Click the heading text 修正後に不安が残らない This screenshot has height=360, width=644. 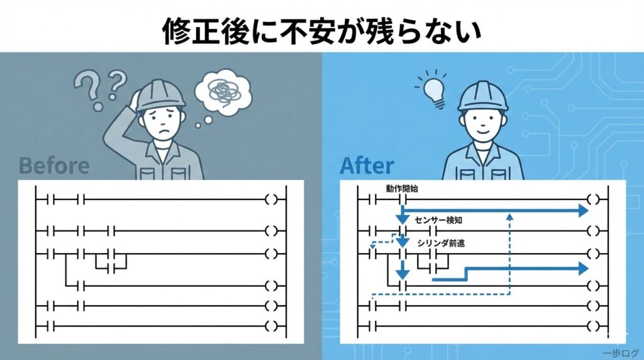(322, 28)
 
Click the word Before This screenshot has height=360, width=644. (54, 166)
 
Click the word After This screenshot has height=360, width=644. (367, 166)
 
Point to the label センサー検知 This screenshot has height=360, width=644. (441, 220)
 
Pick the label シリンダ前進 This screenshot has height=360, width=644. (441, 244)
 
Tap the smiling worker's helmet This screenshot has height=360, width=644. (482, 95)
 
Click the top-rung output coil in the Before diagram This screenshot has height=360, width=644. (270, 200)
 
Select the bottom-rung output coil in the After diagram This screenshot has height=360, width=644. (592, 327)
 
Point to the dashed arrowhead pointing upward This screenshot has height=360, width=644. (509, 216)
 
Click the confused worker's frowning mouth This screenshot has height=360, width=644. (162, 136)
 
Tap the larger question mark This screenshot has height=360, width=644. (89, 87)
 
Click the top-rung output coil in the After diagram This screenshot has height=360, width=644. (592, 200)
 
